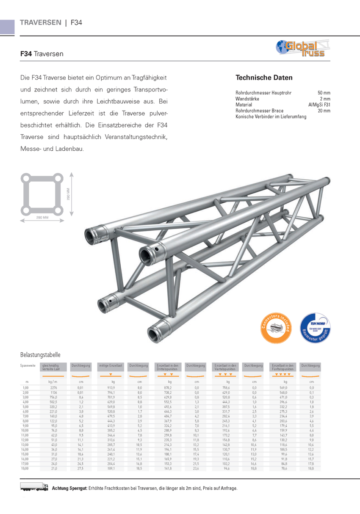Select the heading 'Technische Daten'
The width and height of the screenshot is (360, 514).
tap(264, 77)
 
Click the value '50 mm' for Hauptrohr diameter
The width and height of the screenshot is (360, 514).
tap(324, 93)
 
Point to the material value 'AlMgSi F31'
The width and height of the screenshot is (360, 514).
tap(319, 105)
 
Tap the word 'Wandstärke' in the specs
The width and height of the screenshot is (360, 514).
tap(247, 99)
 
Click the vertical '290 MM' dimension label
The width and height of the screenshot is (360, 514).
tap(68, 195)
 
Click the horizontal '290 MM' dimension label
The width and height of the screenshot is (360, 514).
tap(42, 217)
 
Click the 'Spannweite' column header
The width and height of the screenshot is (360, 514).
tap(28, 365)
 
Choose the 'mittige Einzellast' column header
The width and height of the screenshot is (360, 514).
tap(111, 365)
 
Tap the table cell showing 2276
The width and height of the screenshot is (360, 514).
tap(53, 387)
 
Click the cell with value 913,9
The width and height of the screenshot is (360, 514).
tap(111, 387)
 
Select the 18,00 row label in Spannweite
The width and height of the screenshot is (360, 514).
tap(25, 469)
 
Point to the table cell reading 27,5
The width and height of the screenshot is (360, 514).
tap(80, 469)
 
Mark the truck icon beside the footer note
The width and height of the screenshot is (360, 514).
tap(34, 488)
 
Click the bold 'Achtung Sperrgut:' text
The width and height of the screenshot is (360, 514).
tap(69, 488)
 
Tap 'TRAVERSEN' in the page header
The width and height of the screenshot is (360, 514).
tap(40, 22)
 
